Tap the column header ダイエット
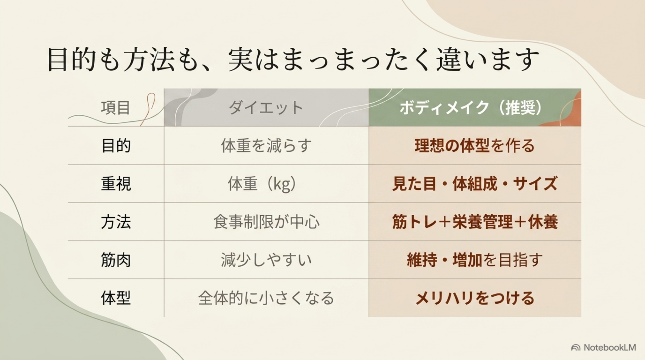(x=266, y=108)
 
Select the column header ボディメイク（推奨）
(x=470, y=108)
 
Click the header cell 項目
(x=115, y=108)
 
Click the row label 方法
(x=116, y=222)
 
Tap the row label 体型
(x=116, y=298)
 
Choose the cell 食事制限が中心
(x=266, y=222)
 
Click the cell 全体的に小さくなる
(x=266, y=298)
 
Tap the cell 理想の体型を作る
(x=474, y=146)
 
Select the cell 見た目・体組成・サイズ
(x=474, y=184)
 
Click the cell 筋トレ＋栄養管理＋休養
(x=475, y=222)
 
